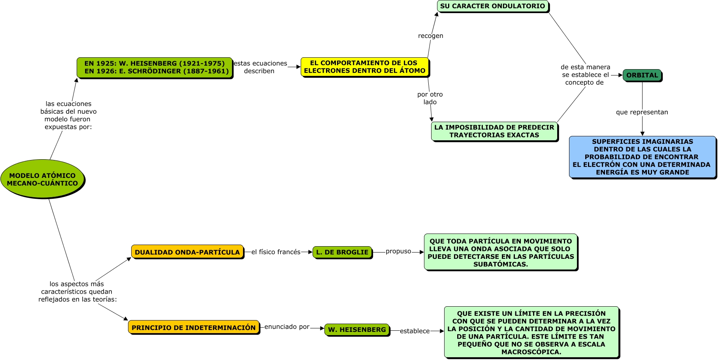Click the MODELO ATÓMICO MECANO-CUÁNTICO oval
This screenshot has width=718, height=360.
(x=42, y=179)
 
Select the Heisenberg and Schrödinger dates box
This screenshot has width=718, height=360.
(x=155, y=67)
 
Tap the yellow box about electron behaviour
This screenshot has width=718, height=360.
(x=364, y=67)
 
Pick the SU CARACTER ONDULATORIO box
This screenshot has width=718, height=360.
(x=492, y=6)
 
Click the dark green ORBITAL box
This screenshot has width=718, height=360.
(x=642, y=75)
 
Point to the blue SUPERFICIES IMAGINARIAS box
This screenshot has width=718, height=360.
(x=642, y=157)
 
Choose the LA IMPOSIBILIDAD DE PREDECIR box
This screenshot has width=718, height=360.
(x=494, y=131)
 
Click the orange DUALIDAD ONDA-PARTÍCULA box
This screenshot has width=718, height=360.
(x=187, y=252)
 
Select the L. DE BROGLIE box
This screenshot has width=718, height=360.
(x=342, y=252)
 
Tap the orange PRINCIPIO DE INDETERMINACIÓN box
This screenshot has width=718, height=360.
(x=194, y=328)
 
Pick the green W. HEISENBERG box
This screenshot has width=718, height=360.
(x=357, y=330)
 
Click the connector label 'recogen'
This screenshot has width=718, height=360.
(x=430, y=36)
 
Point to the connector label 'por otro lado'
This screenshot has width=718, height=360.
(x=430, y=98)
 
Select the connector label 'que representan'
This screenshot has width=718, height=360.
(x=642, y=112)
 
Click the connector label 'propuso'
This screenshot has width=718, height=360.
(x=398, y=251)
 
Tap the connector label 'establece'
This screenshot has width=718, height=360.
(x=415, y=331)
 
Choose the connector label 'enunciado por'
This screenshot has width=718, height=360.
(x=287, y=327)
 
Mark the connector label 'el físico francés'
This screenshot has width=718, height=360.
(x=276, y=252)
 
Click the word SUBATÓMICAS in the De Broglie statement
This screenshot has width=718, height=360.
(x=501, y=264)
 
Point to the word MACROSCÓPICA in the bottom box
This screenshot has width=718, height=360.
(x=531, y=352)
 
